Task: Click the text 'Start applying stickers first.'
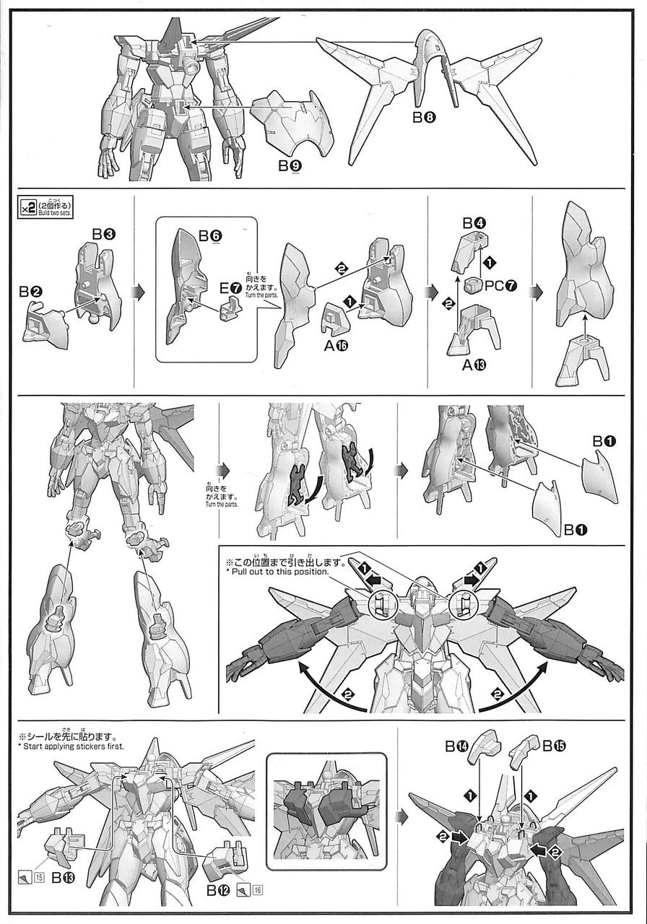point(74,746)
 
